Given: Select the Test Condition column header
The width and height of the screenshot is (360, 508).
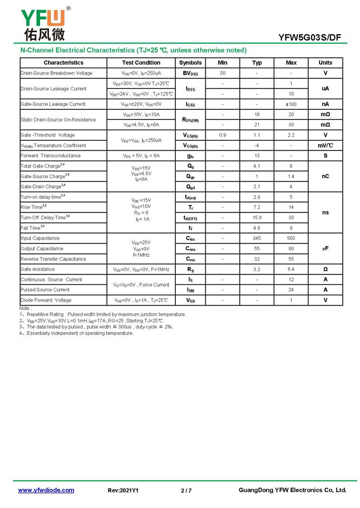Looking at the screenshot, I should click(141, 63).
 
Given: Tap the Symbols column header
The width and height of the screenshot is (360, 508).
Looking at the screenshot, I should click(190, 63).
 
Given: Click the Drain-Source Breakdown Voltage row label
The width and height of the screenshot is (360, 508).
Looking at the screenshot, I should click(56, 73).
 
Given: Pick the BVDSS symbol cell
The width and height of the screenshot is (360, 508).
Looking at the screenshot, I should click(190, 73).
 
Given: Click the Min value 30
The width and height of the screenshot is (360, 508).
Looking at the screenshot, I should click(222, 73).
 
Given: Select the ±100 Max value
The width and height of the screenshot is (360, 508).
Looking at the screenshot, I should click(291, 104).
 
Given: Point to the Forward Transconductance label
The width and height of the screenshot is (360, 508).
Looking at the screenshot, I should click(50, 156).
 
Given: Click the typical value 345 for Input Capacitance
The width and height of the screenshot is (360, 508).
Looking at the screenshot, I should click(256, 238).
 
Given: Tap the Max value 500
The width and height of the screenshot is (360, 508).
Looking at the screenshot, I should click(291, 238).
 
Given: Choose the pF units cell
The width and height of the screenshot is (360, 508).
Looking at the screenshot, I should click(325, 249).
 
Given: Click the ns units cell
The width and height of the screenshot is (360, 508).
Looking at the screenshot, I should click(325, 212).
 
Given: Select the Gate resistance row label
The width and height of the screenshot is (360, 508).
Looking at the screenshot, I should click(37, 269).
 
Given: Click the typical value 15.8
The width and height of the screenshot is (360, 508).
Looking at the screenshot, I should click(256, 218).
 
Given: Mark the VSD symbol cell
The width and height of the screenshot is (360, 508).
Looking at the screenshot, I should click(190, 300).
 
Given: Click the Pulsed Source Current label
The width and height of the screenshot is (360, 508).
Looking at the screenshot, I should click(45, 290).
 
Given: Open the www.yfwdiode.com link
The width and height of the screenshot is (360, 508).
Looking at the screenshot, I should click(46, 490).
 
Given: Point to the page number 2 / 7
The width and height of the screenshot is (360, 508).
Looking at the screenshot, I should click(186, 490).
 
